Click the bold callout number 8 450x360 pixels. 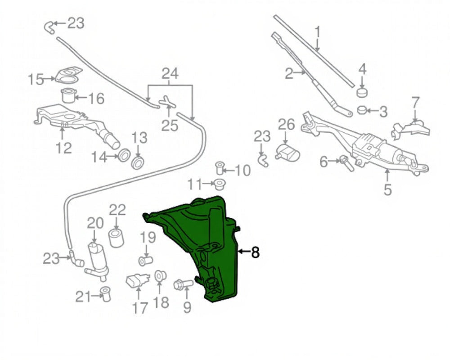(x=255, y=252)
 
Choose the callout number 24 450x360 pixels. (x=170, y=73)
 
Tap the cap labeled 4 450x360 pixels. (x=362, y=92)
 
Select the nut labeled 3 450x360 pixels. (x=363, y=109)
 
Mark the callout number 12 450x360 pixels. (x=64, y=147)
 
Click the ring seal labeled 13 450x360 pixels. (x=139, y=162)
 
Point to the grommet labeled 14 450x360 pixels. (x=123, y=156)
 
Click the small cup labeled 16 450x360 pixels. (x=68, y=96)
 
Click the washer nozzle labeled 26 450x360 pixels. (x=286, y=152)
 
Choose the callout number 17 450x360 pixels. (x=140, y=308)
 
